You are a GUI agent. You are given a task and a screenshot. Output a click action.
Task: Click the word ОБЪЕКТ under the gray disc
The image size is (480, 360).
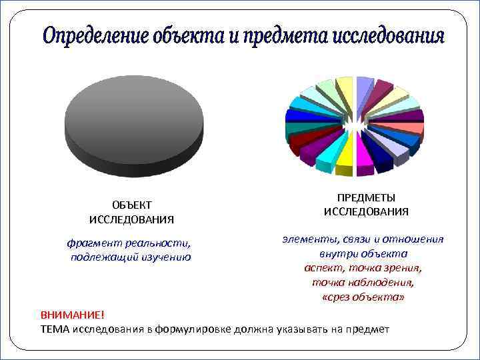click(x=131, y=205)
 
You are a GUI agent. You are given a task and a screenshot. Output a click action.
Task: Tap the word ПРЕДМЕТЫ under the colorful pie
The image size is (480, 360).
click(x=366, y=198)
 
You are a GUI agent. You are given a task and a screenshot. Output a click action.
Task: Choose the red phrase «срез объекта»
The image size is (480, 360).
click(x=363, y=297)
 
